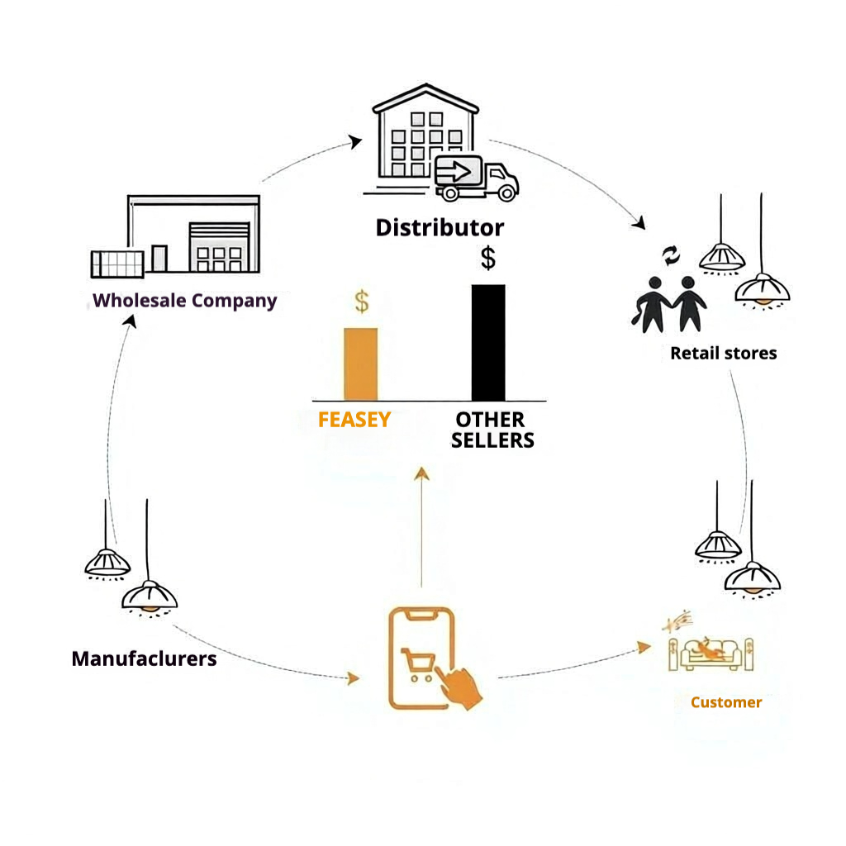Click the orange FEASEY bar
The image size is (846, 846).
click(360, 364)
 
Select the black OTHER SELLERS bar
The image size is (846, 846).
click(487, 343)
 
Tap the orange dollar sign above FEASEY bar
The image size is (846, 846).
click(362, 302)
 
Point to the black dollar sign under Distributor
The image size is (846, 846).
click(488, 258)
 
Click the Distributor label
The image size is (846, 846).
click(440, 227)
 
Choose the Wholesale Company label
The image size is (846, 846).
click(185, 300)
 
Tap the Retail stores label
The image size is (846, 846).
click(723, 354)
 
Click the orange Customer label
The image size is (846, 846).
click(726, 702)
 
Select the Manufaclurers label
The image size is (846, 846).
click(144, 658)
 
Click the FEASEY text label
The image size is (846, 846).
click(354, 420)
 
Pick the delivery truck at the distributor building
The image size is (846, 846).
click(475, 178)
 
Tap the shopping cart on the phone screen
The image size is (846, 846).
click(418, 663)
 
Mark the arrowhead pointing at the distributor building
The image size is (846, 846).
click(355, 141)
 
